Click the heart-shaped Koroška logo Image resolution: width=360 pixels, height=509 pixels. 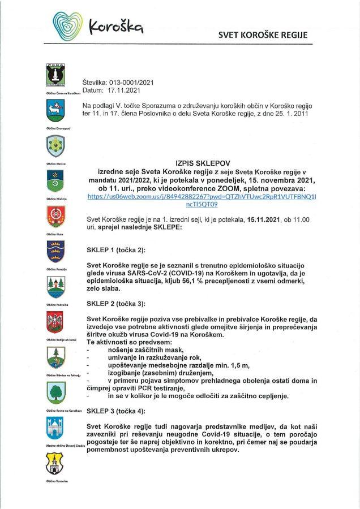(67, 24)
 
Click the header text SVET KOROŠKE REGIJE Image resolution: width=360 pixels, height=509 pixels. (263, 35)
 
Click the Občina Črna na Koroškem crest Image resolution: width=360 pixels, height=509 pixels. (55, 75)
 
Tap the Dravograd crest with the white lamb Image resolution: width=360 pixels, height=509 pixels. (55, 110)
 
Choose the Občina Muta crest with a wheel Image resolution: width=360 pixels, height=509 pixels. (55, 216)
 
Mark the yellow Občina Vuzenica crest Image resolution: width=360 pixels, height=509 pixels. (55, 464)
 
